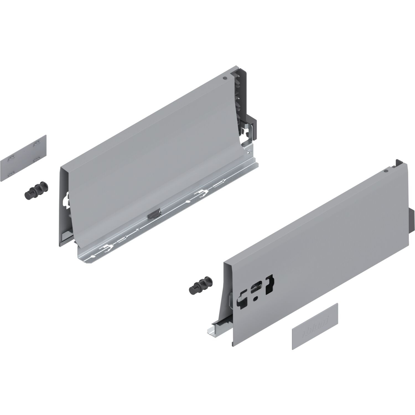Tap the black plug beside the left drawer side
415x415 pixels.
(x=36, y=190)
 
